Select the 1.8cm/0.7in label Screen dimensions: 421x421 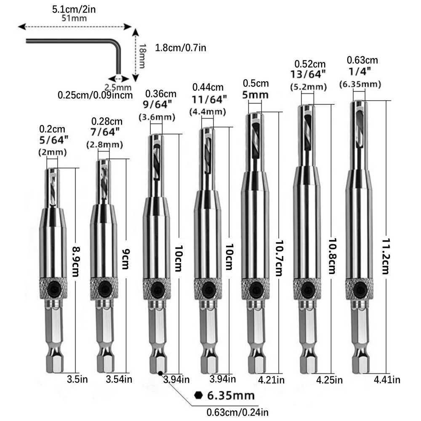click(x=181, y=48)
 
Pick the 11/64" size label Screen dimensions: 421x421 click(x=210, y=99)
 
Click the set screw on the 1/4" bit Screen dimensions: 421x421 click(x=360, y=290)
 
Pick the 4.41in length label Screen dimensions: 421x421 click(x=387, y=380)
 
